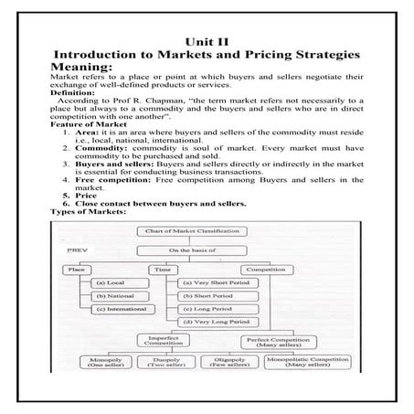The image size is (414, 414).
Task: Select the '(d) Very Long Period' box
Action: (x=219, y=324)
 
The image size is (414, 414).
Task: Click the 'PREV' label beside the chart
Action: (x=78, y=249)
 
